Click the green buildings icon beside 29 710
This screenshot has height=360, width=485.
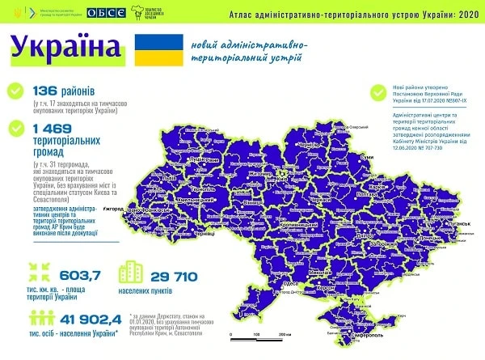(131, 275)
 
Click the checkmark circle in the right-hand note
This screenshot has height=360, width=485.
(376, 91)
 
